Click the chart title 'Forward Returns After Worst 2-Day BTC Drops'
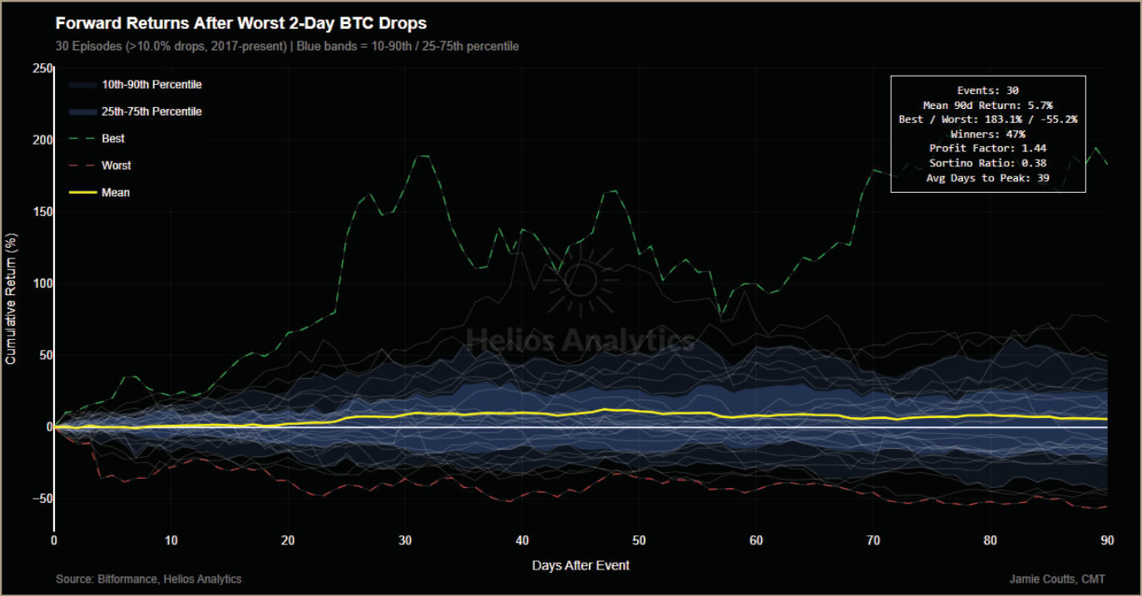tap(240, 23)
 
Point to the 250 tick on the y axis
tap(42, 68)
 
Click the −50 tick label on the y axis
tap(42, 499)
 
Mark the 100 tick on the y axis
tap(42, 283)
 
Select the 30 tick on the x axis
tap(405, 540)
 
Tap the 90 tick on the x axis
tap(1107, 540)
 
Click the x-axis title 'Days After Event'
tap(581, 565)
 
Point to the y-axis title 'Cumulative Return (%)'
tap(11, 299)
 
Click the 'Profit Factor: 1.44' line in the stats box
tap(987, 148)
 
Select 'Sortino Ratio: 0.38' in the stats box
tap(987, 163)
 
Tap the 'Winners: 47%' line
tap(987, 134)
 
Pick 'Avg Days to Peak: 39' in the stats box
tap(987, 178)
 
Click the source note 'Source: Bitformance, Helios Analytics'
tap(148, 579)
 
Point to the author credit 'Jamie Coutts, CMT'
tap(1057, 579)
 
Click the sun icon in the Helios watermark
tap(581, 280)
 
